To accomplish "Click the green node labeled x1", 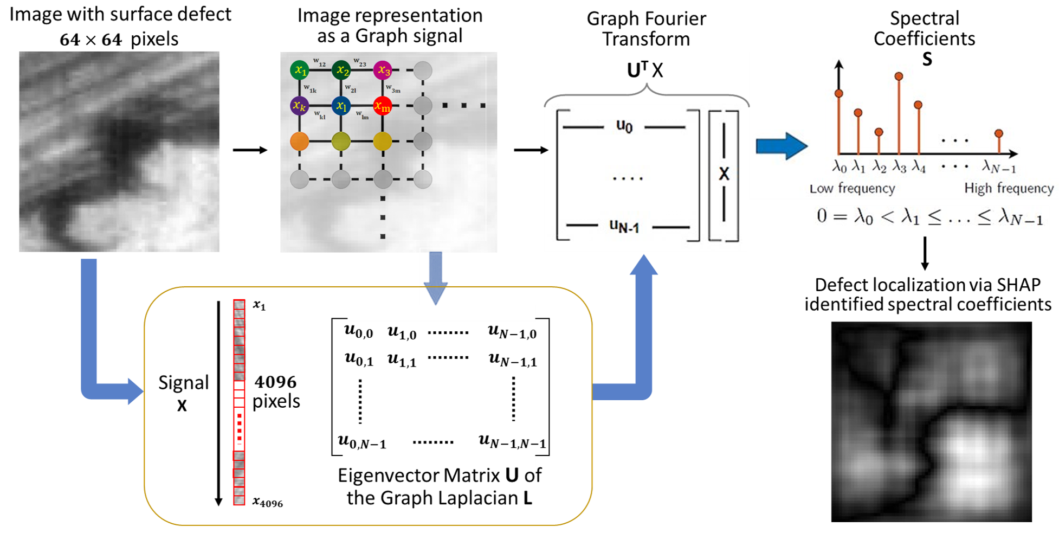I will (x=299, y=70).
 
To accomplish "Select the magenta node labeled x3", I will (x=383, y=70).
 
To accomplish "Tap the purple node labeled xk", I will (x=299, y=105).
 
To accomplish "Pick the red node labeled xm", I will (x=383, y=106).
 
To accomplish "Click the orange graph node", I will (x=299, y=141).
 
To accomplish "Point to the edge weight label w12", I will (x=319, y=62).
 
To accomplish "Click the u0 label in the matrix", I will (x=624, y=126).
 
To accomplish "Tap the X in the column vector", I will (x=724, y=174).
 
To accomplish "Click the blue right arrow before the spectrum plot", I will (x=781, y=146).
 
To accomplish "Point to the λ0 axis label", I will (x=839, y=166).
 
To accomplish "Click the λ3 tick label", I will (x=899, y=166).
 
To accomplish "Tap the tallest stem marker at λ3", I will (x=899, y=76).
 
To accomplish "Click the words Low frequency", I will (x=852, y=188).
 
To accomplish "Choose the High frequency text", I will (x=1009, y=188).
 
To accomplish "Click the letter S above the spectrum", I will (x=927, y=59).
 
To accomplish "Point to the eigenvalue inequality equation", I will (x=931, y=217).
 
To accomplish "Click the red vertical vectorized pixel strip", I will (x=239, y=401).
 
